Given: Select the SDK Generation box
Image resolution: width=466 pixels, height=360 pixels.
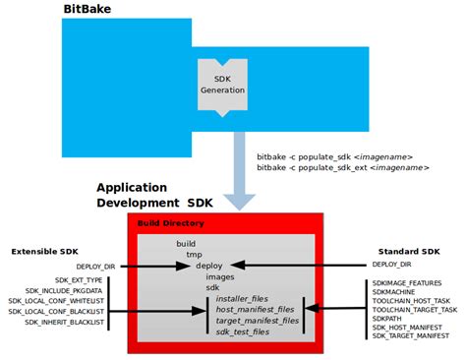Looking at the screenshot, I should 222,85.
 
